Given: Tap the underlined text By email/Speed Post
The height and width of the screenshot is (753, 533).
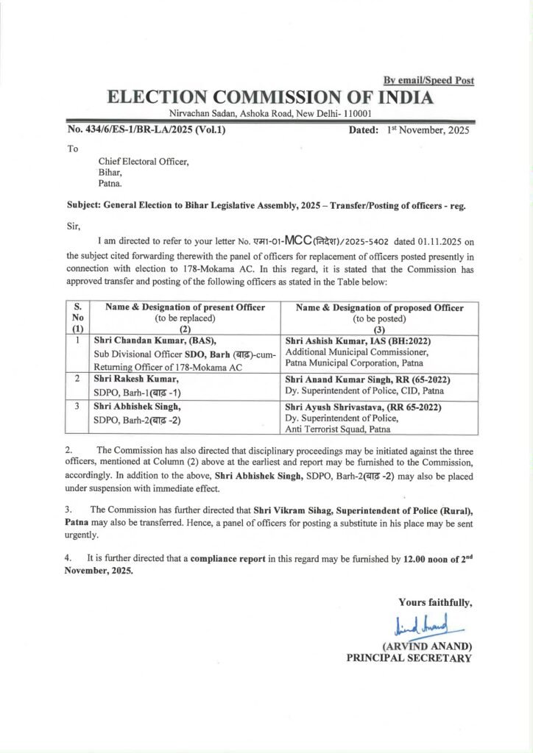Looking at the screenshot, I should coord(428,80).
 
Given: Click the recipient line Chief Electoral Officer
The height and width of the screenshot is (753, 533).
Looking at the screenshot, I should coord(144,162).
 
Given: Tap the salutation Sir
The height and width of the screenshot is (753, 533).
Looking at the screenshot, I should coord(73,227).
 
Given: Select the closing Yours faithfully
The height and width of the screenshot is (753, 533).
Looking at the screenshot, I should coord(434,604).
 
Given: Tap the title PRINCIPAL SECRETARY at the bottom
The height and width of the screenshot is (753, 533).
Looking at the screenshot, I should coord(409,658).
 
